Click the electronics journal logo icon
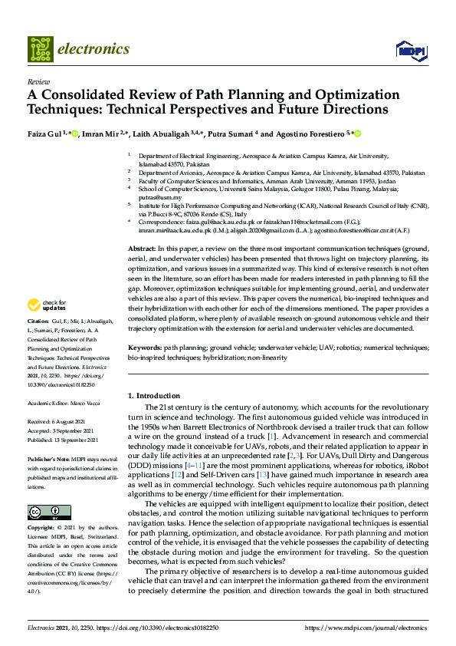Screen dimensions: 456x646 tap(40, 48)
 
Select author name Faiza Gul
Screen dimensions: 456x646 tap(44, 133)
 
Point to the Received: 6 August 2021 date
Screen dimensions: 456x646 tap(58, 421)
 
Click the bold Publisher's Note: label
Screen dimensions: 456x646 tap(48, 455)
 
